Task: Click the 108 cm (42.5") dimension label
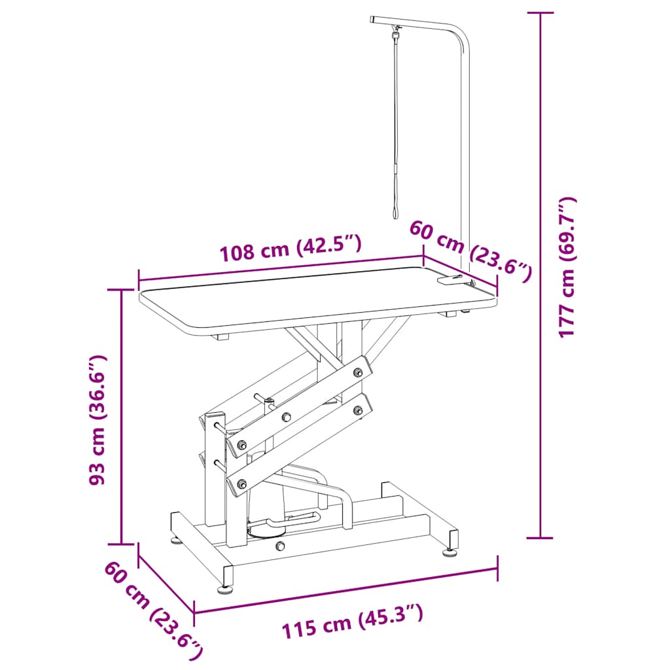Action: coord(291,248)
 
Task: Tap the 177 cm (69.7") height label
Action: coord(568,268)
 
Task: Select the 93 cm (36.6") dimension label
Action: coord(96,419)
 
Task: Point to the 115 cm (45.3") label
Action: coord(353,622)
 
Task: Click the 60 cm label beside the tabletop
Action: coord(471,251)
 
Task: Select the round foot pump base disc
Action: coord(267,531)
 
